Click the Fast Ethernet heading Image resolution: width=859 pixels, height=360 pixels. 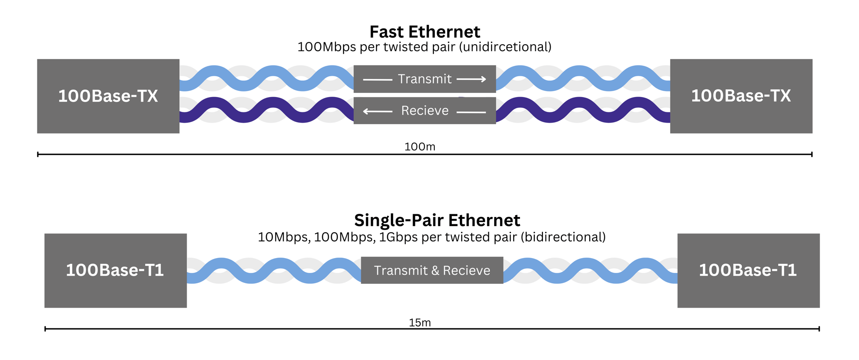(x=425, y=32)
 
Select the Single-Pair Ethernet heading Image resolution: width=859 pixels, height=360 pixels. (x=437, y=221)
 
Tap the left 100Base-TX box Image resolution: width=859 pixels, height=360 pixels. (x=108, y=96)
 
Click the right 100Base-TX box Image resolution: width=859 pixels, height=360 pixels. (x=741, y=96)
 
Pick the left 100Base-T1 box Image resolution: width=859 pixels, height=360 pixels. (x=115, y=271)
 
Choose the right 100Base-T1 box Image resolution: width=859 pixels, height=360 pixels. (x=749, y=271)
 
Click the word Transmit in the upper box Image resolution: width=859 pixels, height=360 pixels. (x=424, y=79)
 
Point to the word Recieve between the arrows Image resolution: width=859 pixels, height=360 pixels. (x=425, y=111)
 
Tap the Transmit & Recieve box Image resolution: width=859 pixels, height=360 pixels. (x=432, y=270)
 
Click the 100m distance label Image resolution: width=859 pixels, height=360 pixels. (x=420, y=147)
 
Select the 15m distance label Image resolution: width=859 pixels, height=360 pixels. (x=420, y=323)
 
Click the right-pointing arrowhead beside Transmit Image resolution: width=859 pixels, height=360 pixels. (x=483, y=79)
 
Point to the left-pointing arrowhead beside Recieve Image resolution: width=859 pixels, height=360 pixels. (x=367, y=111)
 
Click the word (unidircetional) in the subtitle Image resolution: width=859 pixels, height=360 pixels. (x=505, y=47)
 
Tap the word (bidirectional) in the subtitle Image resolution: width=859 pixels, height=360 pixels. (x=563, y=237)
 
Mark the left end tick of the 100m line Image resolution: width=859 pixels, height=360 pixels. (x=38, y=154)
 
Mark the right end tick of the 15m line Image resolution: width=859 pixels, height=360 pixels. (x=819, y=329)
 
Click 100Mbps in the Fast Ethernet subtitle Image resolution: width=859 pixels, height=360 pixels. (x=327, y=47)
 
